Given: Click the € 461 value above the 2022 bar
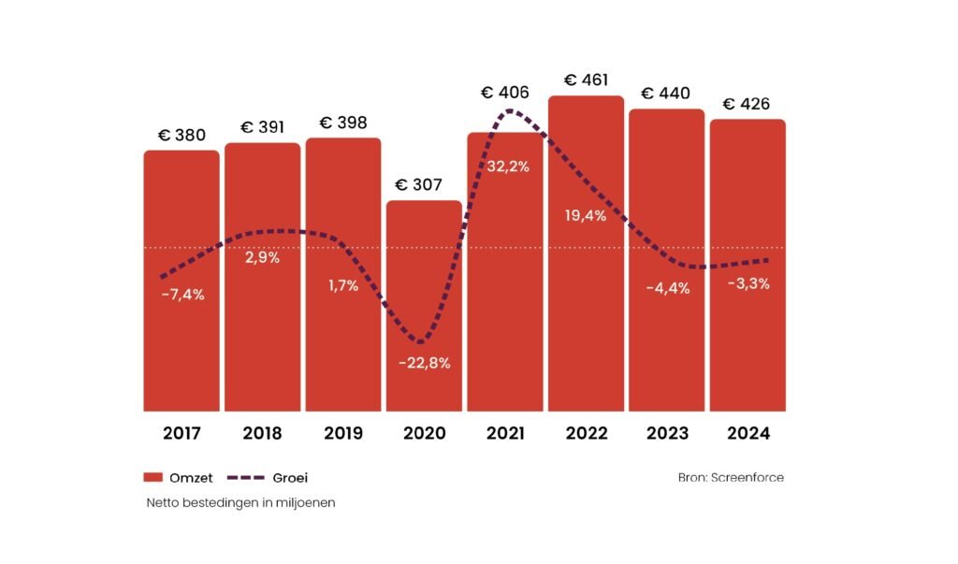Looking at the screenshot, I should point(585,79).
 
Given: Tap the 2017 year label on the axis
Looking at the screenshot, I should point(181,433).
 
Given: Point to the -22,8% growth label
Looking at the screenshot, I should point(424,363).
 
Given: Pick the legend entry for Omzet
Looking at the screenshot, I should point(178,478).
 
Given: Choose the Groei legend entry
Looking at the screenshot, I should point(269,478).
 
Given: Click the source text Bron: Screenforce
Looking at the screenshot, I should point(731,478).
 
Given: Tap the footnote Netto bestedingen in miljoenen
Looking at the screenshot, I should point(240,502).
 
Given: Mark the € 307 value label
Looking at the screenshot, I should point(424,184).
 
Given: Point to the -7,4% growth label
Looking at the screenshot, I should point(181,295).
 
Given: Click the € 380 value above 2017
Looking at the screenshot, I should point(181,135).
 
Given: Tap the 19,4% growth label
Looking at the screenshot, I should point(587,216).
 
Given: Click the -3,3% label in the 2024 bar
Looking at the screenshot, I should point(748,284).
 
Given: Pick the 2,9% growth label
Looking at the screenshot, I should point(262,257).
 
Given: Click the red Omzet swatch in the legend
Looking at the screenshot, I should point(153,478).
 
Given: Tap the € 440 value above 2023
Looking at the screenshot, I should point(665,93).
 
